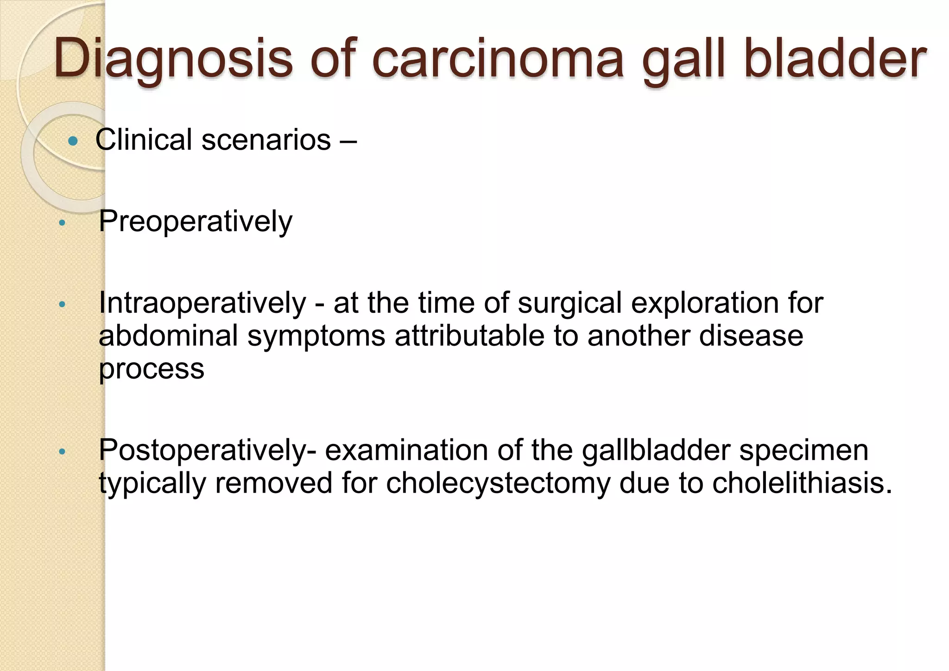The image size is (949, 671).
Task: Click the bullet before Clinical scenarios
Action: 73,141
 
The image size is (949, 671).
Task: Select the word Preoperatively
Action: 195,222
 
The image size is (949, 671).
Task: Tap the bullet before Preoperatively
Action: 62,223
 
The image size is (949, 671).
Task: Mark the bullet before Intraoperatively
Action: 62,305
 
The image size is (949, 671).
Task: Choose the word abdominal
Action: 168,335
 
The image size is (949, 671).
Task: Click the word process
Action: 152,369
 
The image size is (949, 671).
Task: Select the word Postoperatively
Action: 208,450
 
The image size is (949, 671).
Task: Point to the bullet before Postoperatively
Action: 62,451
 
